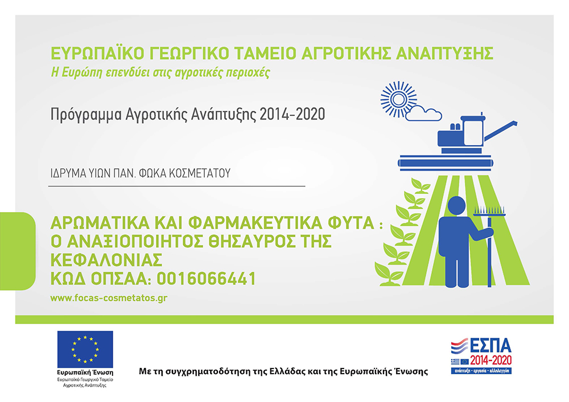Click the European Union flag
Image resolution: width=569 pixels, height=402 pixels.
tap(85, 349)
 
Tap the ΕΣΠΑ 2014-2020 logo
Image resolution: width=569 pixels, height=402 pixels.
tap(481, 356)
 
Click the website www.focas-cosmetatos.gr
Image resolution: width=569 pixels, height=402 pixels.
tap(109, 298)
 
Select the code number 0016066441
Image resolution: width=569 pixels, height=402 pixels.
tap(207, 279)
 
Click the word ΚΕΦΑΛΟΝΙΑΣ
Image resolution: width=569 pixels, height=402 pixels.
tap(106, 260)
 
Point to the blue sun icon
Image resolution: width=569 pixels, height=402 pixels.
tap(398, 100)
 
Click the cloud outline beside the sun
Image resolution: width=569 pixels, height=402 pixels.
tap(423, 113)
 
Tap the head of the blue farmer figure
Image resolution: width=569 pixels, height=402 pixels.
tap(456, 206)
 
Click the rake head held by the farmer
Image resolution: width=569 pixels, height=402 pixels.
tap(489, 212)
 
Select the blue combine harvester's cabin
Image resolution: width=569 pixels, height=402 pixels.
tap(472, 131)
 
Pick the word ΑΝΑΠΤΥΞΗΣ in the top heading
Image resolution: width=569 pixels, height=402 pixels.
tap(444, 53)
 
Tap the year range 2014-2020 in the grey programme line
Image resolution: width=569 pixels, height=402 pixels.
tap(292, 114)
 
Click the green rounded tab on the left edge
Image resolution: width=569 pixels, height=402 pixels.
tap(18, 251)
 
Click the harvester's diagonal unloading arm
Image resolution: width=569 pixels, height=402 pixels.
tap(501, 131)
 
